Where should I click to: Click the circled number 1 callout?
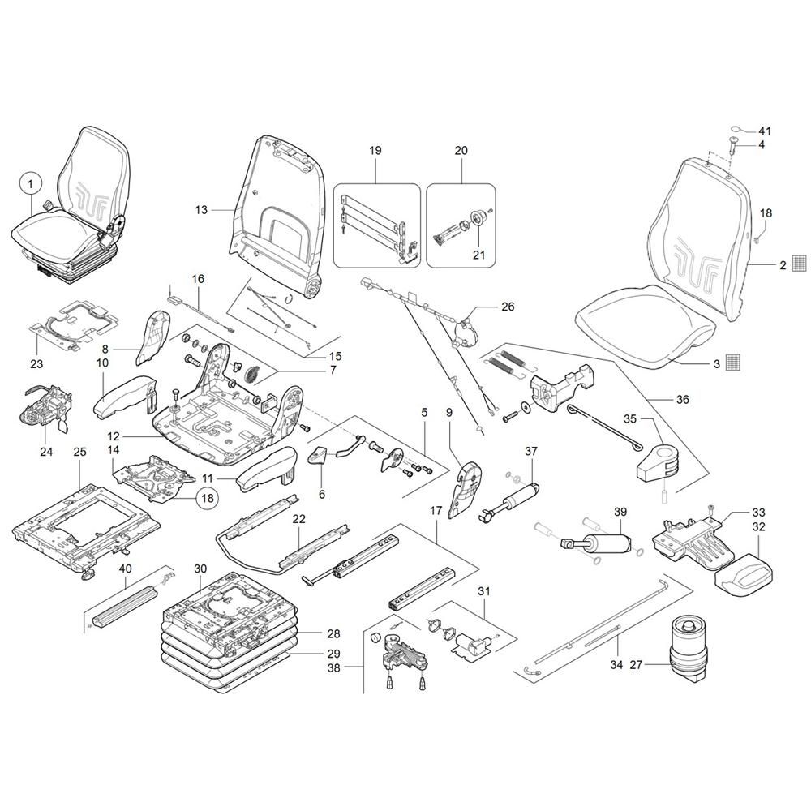(31, 183)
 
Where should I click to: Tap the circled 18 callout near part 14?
(207, 498)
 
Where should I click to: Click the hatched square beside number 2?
(800, 264)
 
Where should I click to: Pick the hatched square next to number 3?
(733, 363)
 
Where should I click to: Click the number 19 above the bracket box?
(375, 151)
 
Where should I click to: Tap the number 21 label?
(479, 255)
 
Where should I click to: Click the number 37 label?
(531, 451)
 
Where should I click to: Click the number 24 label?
(46, 452)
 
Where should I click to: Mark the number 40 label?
(125, 569)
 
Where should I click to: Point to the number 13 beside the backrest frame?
(201, 209)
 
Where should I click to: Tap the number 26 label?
(508, 307)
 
